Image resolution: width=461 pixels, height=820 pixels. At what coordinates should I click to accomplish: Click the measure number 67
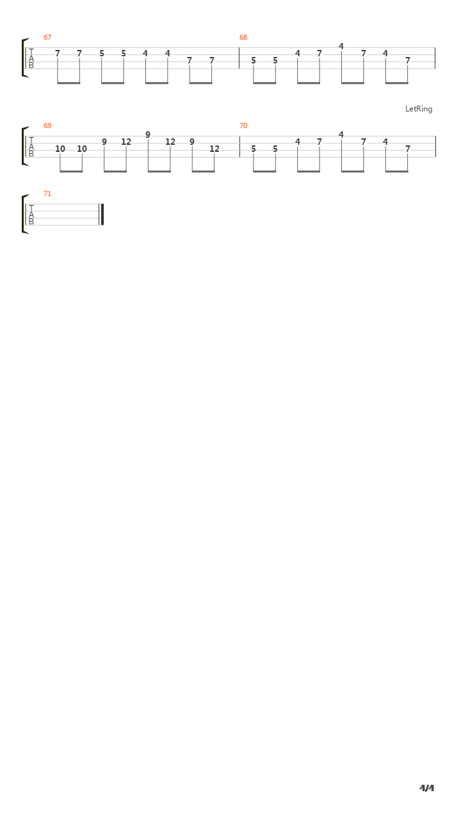click(47, 37)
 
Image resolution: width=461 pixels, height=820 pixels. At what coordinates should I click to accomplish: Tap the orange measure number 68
click(243, 37)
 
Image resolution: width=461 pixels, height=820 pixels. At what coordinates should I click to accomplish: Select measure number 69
click(47, 126)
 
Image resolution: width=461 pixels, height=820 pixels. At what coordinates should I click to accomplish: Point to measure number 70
click(243, 126)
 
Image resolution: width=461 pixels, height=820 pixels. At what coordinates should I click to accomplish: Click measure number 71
click(47, 193)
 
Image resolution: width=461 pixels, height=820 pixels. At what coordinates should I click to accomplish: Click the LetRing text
click(419, 109)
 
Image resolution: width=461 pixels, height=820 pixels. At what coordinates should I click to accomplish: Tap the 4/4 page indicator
click(426, 787)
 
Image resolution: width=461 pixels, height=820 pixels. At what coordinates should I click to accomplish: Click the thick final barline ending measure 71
click(102, 215)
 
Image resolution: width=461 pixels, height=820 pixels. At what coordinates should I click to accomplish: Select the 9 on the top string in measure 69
click(148, 135)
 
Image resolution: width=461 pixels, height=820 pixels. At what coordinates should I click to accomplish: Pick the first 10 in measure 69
click(60, 149)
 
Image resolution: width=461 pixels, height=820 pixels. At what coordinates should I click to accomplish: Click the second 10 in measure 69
click(82, 149)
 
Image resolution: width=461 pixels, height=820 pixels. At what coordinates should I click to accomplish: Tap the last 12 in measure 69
click(214, 149)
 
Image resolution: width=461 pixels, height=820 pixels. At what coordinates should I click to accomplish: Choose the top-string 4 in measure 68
click(341, 46)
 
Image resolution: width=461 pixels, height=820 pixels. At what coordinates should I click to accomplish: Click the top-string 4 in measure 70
click(341, 135)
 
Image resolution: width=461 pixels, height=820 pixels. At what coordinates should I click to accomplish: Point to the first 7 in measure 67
click(58, 53)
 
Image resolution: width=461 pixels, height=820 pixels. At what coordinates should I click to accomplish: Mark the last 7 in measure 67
click(211, 60)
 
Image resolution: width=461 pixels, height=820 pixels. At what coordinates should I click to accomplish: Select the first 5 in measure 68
click(254, 60)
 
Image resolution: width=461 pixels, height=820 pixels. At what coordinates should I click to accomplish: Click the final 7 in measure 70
click(408, 149)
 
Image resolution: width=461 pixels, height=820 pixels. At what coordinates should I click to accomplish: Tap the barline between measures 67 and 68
click(239, 58)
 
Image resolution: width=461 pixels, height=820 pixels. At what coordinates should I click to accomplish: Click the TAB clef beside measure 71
click(31, 215)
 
